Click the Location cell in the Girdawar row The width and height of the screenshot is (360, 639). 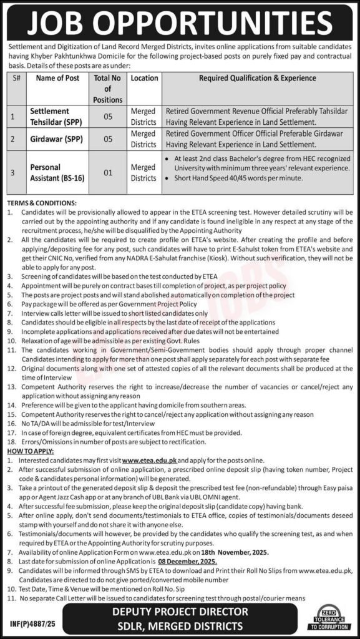click(x=144, y=139)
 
